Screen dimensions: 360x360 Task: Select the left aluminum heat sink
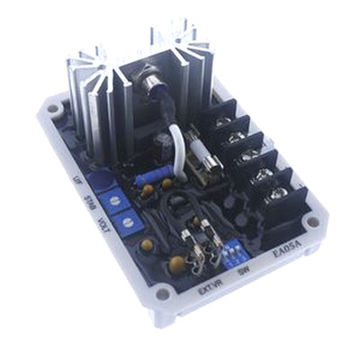tap(94, 99)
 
